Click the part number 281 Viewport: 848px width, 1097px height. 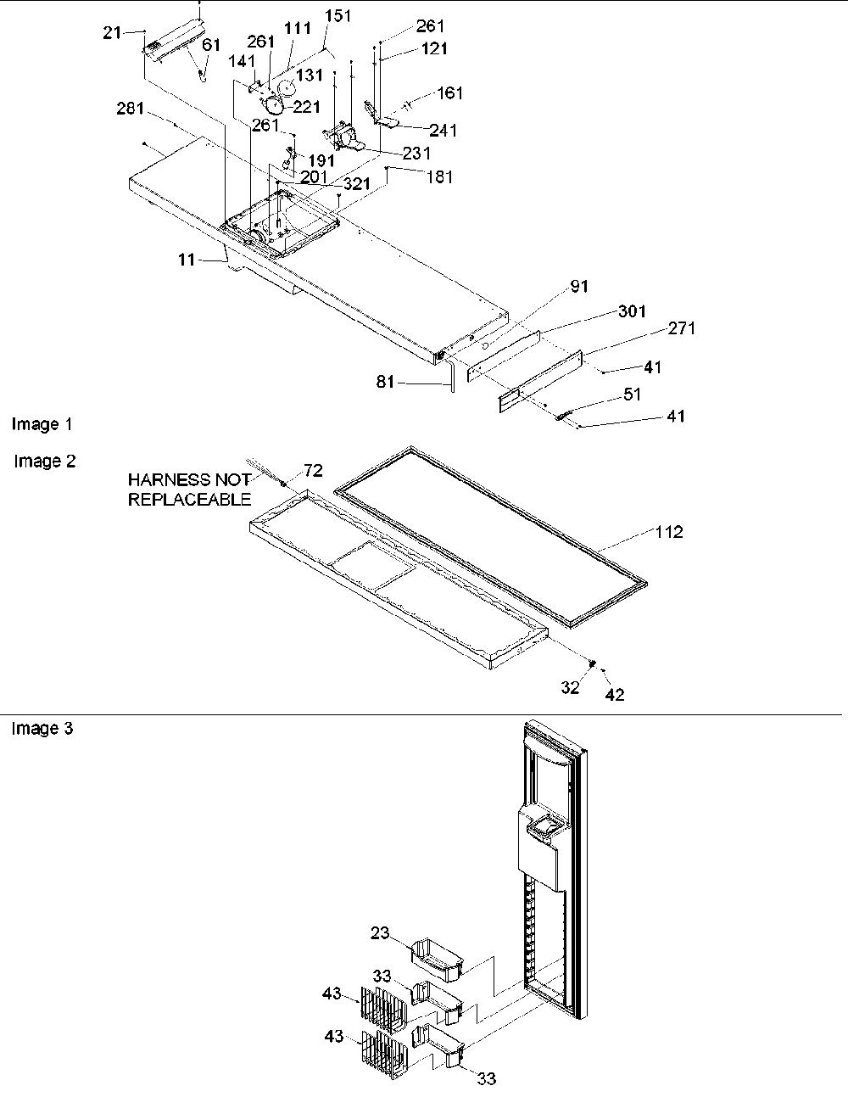[x=130, y=109]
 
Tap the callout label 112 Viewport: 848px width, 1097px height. [x=669, y=532]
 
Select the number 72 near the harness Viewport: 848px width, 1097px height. [x=313, y=471]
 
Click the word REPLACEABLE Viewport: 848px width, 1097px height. [x=190, y=499]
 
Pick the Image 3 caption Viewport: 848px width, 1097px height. [x=42, y=728]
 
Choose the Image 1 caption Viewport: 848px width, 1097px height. [x=42, y=424]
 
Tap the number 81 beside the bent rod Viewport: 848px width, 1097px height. [x=385, y=381]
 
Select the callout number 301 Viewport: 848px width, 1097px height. [x=632, y=311]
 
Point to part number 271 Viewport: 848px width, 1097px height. [x=682, y=328]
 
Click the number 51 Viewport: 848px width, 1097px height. [x=632, y=394]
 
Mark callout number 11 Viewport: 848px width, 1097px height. [x=187, y=260]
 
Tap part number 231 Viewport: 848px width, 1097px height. [x=416, y=153]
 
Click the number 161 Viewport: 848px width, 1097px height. [x=449, y=92]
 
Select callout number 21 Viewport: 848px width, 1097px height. [x=112, y=33]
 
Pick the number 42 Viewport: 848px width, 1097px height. [x=615, y=695]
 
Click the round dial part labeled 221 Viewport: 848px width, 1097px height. [x=274, y=105]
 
